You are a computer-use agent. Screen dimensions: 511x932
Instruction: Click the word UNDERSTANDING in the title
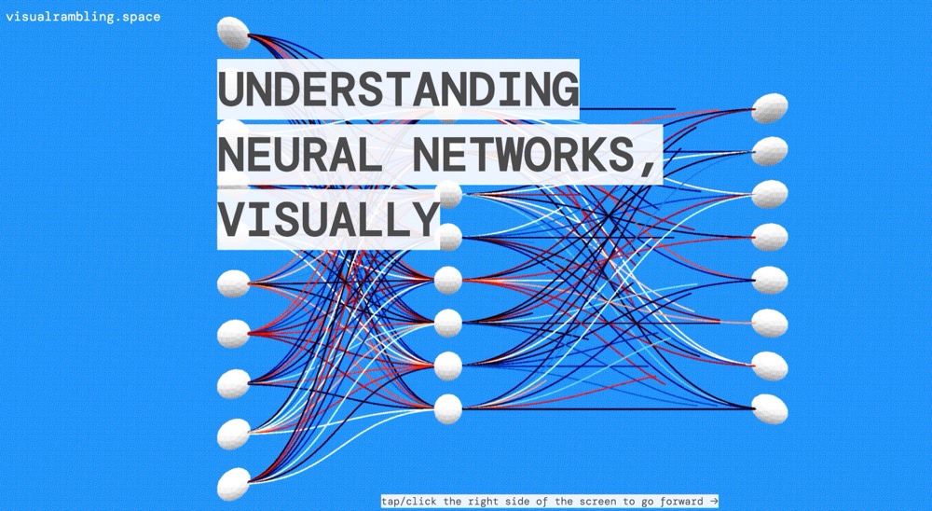click(398, 90)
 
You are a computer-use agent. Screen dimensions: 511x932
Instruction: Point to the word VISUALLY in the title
click(328, 218)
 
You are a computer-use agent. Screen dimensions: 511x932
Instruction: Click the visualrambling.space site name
click(82, 16)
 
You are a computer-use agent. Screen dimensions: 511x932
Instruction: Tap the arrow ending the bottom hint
click(713, 502)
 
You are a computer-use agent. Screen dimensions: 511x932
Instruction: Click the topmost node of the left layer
click(234, 33)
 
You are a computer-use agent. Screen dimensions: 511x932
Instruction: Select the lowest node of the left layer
click(234, 483)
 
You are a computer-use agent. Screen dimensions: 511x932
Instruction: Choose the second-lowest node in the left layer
click(234, 434)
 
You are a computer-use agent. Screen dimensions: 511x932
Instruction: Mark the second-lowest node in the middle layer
click(447, 365)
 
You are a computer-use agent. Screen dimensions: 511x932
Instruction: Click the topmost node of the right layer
click(770, 108)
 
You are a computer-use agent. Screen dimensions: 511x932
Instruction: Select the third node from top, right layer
click(770, 194)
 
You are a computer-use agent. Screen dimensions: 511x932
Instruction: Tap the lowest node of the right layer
click(770, 408)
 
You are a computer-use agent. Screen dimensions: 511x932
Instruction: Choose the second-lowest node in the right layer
click(770, 366)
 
